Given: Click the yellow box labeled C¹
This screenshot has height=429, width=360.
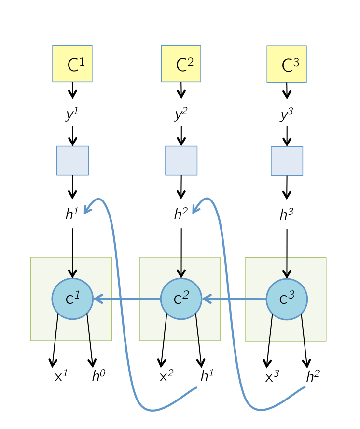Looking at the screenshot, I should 72,64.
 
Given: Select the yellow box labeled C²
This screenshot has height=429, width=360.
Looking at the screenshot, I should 181,64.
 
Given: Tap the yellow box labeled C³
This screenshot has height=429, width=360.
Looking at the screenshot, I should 287,64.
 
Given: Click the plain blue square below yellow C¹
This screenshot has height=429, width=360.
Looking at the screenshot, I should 72,160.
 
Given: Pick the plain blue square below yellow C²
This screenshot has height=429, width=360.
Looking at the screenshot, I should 181,160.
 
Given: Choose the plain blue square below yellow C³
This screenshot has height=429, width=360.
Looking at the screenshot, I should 287,161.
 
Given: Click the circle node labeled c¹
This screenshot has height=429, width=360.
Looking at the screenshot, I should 72,299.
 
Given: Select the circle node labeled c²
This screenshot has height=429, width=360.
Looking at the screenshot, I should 181,299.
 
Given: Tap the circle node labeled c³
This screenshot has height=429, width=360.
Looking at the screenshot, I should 287,299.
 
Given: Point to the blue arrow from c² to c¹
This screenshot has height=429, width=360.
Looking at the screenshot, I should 128,299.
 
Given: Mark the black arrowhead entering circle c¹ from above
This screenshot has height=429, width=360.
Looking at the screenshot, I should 72,273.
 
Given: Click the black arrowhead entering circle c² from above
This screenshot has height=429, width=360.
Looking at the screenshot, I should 181,273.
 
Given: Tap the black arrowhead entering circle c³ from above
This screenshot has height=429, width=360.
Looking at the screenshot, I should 287,274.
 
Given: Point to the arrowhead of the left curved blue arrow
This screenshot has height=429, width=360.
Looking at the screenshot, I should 87,210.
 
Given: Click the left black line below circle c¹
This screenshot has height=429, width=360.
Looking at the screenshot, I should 56,328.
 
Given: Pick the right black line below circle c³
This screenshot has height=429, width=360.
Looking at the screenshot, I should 303,328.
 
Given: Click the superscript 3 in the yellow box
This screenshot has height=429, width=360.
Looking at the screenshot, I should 296,61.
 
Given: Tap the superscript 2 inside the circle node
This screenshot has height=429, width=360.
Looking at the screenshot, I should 186,294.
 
